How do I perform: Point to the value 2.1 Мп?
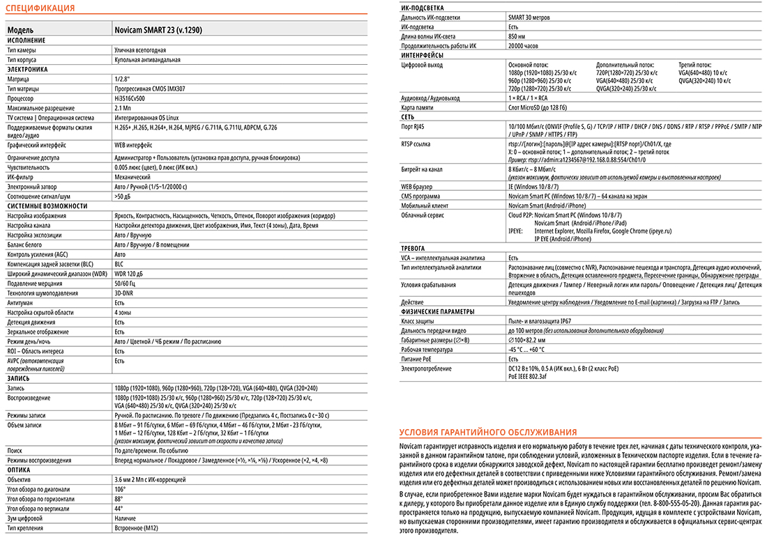pyautogui.click(x=123, y=108)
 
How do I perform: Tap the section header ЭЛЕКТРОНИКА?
pyautogui.click(x=27, y=70)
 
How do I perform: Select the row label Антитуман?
pyautogui.click(x=20, y=303)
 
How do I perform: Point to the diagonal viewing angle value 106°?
pyautogui.click(x=119, y=489)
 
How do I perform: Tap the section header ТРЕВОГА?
pyautogui.click(x=413, y=249)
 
